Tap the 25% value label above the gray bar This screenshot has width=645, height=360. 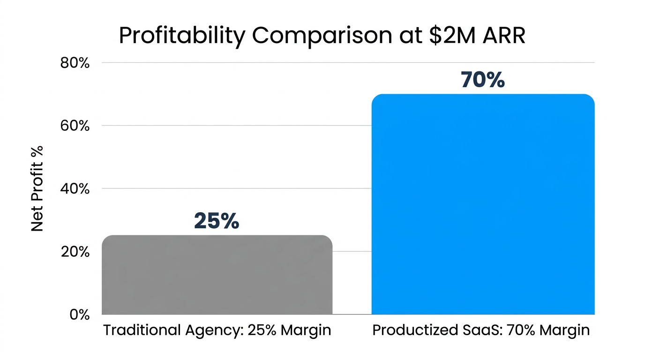pyautogui.click(x=217, y=221)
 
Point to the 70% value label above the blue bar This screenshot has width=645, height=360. pyautogui.click(x=483, y=80)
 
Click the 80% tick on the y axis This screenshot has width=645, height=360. pyautogui.click(x=75, y=63)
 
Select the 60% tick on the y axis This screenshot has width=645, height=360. pyautogui.click(x=75, y=126)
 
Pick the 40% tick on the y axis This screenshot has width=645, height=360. pyautogui.click(x=75, y=188)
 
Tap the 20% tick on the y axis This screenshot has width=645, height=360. pyautogui.click(x=75, y=252)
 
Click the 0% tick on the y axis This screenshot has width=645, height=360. pyautogui.click(x=79, y=315)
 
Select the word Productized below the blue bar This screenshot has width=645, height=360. pyautogui.click(x=412, y=330)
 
